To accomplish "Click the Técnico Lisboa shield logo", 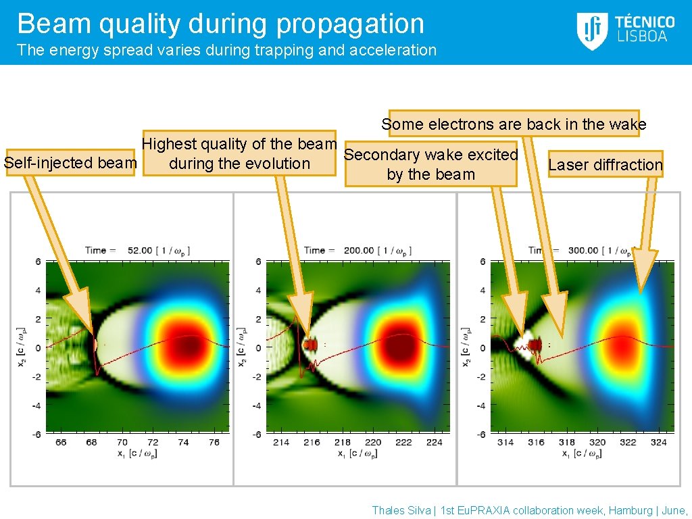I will pos(592,30).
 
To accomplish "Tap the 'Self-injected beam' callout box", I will pos(70,163).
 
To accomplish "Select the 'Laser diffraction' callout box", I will pos(605,164).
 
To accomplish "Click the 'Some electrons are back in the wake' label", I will pos(514,124).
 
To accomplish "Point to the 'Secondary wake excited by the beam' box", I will pos(431,164).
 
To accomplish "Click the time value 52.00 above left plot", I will pos(141,250).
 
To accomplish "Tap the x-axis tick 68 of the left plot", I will pos(91,442).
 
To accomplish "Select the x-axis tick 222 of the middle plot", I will pos(403,442).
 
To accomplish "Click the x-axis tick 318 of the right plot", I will pos(566,442).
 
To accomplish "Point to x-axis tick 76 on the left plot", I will pos(214,442).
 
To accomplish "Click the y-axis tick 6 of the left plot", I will pos(39,262).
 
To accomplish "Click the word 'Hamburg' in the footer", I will pos(631,511).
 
